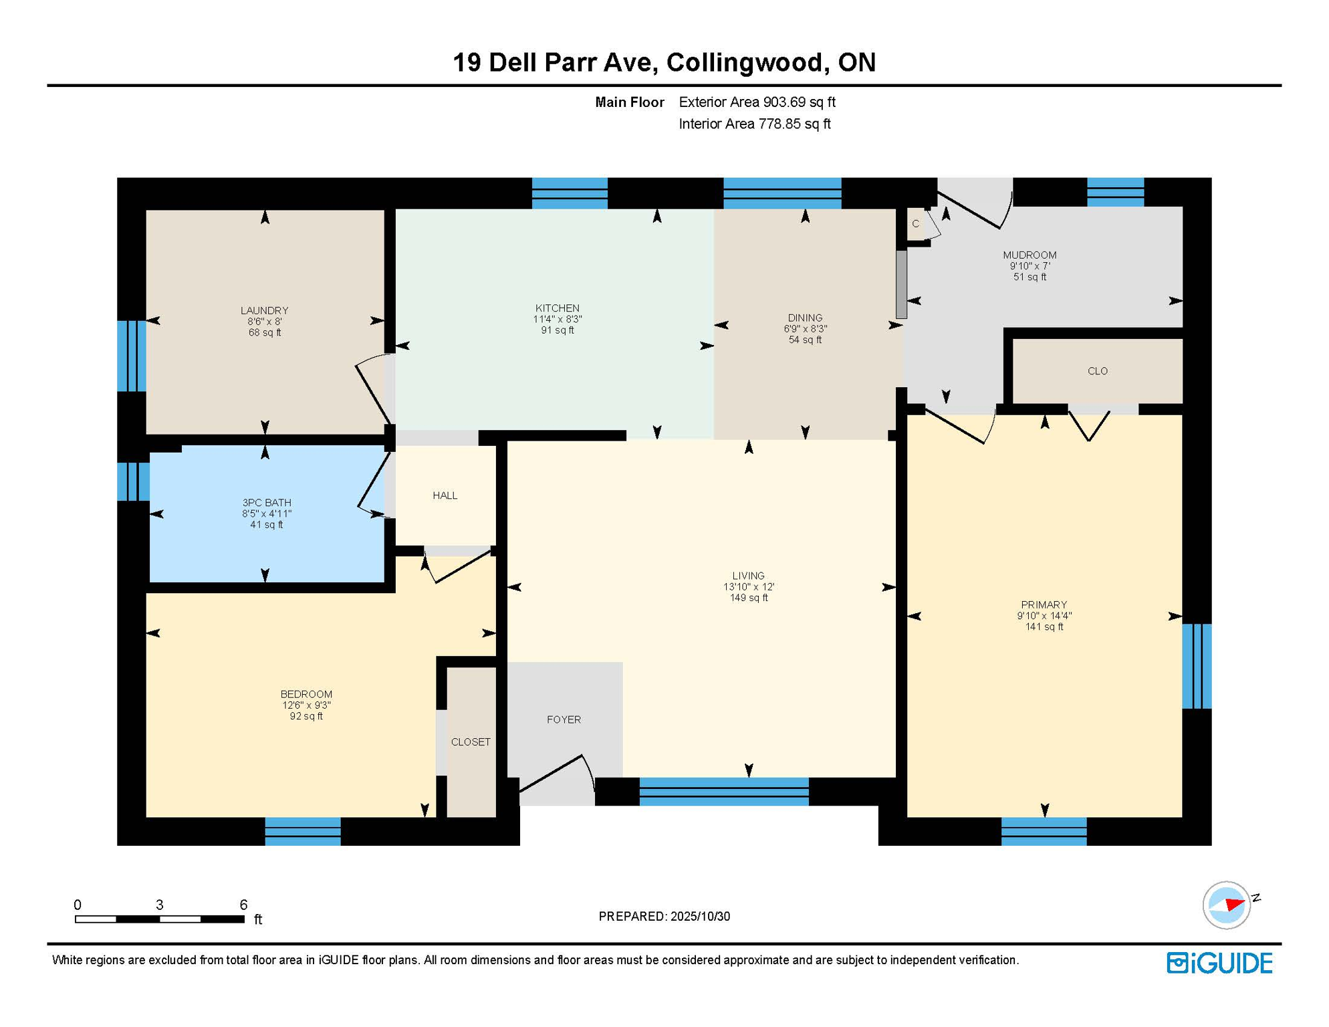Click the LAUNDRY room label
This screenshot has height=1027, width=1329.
(x=264, y=310)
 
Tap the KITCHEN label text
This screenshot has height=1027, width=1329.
(x=557, y=308)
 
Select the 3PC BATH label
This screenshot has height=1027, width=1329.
(x=266, y=503)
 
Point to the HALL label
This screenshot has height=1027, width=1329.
(x=445, y=495)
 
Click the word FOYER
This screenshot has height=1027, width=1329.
(x=564, y=719)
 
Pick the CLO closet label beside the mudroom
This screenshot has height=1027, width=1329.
(x=1097, y=371)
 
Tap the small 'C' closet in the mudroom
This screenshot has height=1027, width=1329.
(x=915, y=224)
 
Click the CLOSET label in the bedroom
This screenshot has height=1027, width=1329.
(x=471, y=742)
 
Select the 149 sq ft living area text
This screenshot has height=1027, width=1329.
(x=748, y=598)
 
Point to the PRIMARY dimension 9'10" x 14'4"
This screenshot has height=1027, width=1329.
(x=1044, y=616)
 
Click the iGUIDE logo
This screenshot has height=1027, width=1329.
(x=1219, y=963)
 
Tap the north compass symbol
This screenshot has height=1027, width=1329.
(x=1227, y=905)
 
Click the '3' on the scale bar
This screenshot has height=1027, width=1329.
(x=159, y=905)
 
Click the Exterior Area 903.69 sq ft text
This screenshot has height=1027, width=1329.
(x=757, y=102)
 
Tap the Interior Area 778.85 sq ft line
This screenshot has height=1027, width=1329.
(x=754, y=124)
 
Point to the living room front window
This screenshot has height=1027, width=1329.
(x=723, y=792)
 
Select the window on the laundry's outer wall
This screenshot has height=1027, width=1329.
(x=131, y=356)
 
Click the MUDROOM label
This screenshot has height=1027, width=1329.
(x=1029, y=255)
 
